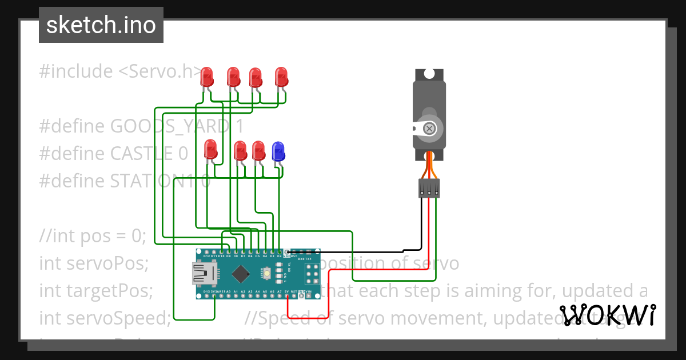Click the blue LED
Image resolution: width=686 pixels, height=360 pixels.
click(278, 151)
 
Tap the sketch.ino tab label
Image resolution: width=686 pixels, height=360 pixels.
click(101, 25)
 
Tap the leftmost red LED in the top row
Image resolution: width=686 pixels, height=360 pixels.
click(208, 77)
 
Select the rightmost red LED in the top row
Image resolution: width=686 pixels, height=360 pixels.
click(281, 77)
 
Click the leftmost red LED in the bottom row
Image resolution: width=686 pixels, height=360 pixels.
click(210, 150)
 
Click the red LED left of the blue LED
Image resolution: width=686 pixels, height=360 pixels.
click(258, 150)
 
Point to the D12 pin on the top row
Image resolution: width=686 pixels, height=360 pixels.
click(206, 252)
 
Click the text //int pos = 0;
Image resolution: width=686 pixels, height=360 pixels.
click(93, 236)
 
